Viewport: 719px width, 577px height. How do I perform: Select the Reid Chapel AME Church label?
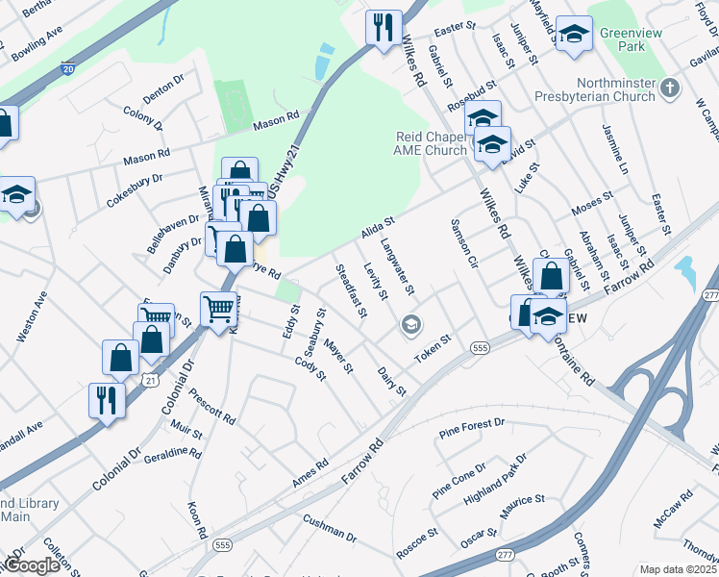tap(432, 143)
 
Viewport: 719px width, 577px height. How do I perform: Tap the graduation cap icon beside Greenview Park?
tap(574, 36)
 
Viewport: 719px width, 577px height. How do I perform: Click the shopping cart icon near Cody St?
tap(219, 308)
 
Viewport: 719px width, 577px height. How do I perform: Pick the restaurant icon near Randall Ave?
tap(107, 399)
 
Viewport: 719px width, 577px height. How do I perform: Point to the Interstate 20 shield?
tap(67, 69)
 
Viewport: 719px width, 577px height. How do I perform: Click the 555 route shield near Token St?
tap(481, 346)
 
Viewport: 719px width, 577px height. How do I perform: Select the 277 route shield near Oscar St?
tap(506, 555)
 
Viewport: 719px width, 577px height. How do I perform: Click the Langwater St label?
tap(397, 267)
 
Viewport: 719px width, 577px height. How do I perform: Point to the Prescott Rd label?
tap(212, 408)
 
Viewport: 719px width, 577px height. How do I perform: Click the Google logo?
tap(32, 565)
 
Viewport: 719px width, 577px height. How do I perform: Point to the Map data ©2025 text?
tap(678, 569)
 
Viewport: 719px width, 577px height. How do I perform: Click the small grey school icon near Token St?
tap(411, 324)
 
